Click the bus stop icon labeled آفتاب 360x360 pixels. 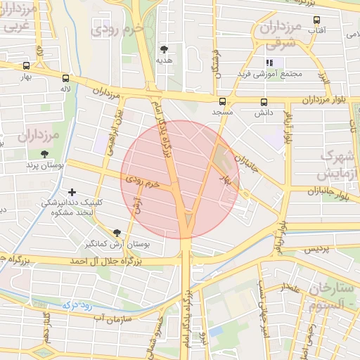click(x=316, y=20)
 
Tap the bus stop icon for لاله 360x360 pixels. click(x=66, y=79)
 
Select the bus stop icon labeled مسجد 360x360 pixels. click(x=223, y=101)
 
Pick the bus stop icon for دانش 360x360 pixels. click(x=264, y=101)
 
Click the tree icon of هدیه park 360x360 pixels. click(x=165, y=49)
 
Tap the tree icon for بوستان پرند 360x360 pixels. click(x=45, y=154)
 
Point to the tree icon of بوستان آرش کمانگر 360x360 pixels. click(x=117, y=233)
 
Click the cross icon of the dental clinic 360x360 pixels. click(x=72, y=192)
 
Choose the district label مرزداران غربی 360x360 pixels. click(x=18, y=20)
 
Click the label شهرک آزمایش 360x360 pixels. click(x=339, y=163)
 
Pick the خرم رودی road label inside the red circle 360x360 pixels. click(x=148, y=181)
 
